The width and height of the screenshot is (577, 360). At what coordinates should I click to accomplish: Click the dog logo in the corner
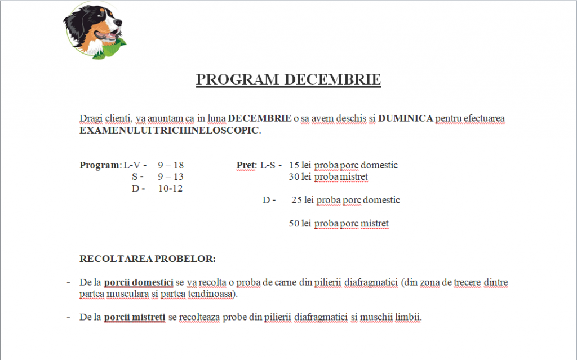coord(95,30)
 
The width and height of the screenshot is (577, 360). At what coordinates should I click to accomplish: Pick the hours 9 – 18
coord(171,165)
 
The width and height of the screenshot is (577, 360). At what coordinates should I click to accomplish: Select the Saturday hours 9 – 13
coord(171,177)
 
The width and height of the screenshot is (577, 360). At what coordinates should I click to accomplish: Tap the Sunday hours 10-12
coord(170,189)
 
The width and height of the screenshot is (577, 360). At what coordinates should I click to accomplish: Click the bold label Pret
coord(246,165)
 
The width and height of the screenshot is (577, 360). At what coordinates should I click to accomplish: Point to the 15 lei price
coord(300,165)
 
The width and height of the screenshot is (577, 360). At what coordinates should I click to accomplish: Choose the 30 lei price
coord(300,177)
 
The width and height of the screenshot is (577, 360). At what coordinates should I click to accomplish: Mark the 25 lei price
coord(303,200)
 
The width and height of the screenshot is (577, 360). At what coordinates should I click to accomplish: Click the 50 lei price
coord(300,224)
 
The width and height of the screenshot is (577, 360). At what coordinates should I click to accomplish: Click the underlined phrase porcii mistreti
coord(135,317)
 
